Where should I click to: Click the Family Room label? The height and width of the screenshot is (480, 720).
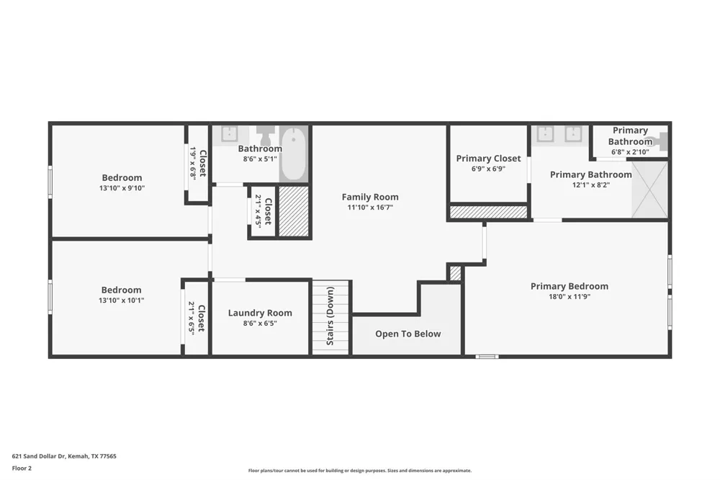[370, 197]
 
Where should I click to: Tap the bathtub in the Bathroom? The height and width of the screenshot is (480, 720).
[294, 154]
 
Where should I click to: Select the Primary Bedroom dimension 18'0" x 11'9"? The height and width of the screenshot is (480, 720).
[570, 296]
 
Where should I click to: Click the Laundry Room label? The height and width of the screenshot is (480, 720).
[260, 313]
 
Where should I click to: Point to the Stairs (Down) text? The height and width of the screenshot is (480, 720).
[330, 316]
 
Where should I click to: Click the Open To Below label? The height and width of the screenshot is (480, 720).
[408, 334]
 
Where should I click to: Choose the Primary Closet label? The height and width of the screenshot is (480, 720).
[488, 159]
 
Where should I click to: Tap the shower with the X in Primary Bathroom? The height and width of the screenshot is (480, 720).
[649, 189]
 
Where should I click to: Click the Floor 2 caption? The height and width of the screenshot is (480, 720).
[22, 468]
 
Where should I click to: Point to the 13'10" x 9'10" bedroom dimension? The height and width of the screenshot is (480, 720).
[122, 188]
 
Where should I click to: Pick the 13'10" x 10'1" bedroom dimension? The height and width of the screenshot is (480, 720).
[121, 301]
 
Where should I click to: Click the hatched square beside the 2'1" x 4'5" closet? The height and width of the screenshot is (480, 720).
[294, 211]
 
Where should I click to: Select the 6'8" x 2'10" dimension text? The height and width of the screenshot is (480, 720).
[630, 152]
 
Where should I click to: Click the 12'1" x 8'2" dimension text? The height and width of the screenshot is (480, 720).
[590, 185]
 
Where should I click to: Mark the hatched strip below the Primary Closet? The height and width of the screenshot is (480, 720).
[488, 212]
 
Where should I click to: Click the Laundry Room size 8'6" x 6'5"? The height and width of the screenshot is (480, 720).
[260, 323]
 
